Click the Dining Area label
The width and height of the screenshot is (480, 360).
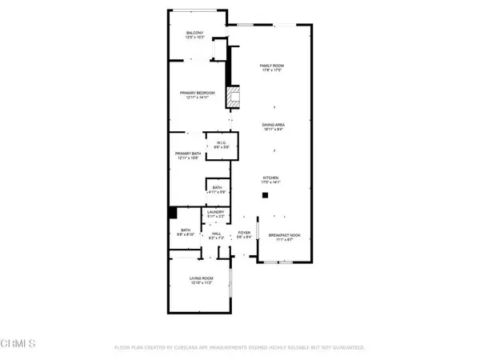(274, 126)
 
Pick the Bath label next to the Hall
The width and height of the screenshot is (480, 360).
(186, 233)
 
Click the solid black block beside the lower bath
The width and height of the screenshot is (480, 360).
(172, 212)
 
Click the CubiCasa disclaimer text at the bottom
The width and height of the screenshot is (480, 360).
(240, 348)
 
